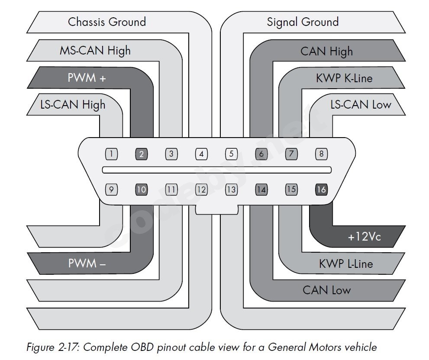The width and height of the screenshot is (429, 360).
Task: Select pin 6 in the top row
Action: (261, 154)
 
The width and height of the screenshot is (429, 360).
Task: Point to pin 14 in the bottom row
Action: (261, 189)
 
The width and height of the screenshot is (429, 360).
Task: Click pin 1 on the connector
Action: (112, 154)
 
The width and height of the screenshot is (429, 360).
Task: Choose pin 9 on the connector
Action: (112, 189)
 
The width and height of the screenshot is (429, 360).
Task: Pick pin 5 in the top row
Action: (231, 154)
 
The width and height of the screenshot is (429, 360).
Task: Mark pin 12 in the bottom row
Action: (201, 189)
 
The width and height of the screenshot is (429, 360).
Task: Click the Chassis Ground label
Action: (107, 22)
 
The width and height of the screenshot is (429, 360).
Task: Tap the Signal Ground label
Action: (303, 22)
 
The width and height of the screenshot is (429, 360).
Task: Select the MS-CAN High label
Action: (95, 51)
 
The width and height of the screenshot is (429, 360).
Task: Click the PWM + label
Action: (87, 78)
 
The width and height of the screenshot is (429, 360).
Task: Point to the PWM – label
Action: (87, 263)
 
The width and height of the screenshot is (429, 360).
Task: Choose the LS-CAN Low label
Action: (361, 104)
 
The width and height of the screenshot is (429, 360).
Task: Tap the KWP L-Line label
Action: (345, 264)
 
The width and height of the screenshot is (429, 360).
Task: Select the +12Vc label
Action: (364, 237)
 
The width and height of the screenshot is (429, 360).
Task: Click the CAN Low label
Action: (326, 290)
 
